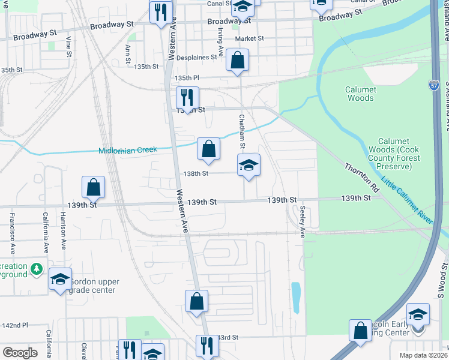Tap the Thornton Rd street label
362,178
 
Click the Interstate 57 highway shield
433,86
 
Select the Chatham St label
242,132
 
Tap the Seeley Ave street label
303,221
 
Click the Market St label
249,38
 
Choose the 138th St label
196,173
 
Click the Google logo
20,353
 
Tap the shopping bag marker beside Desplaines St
237,61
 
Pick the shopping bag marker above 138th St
208,148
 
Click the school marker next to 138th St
249,166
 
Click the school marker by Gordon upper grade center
60,279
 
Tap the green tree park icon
37,268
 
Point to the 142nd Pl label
15,325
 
